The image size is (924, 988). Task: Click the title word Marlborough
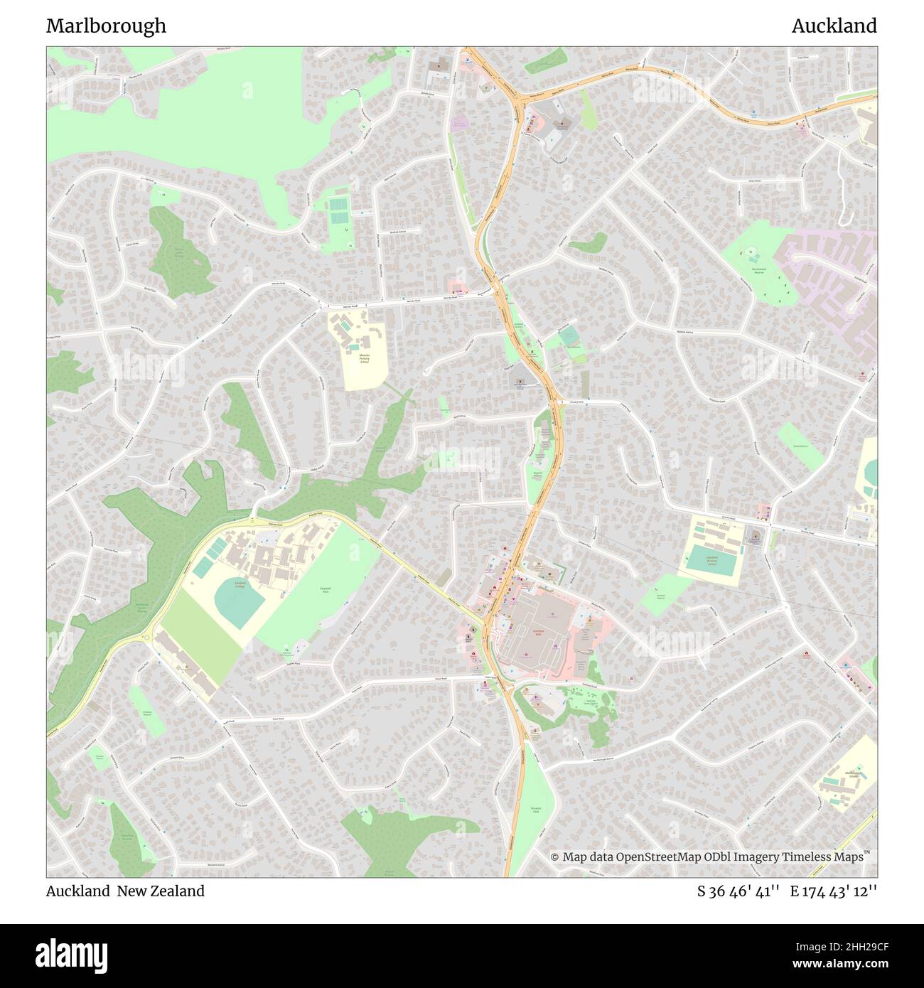coord(106,26)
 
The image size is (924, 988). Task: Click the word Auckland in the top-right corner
coord(834,26)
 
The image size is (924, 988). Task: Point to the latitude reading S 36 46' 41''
coord(738,891)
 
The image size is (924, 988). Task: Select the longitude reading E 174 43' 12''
coord(834,891)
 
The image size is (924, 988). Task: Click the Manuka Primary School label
coord(365,358)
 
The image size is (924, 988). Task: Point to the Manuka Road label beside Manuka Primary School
coord(414,301)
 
